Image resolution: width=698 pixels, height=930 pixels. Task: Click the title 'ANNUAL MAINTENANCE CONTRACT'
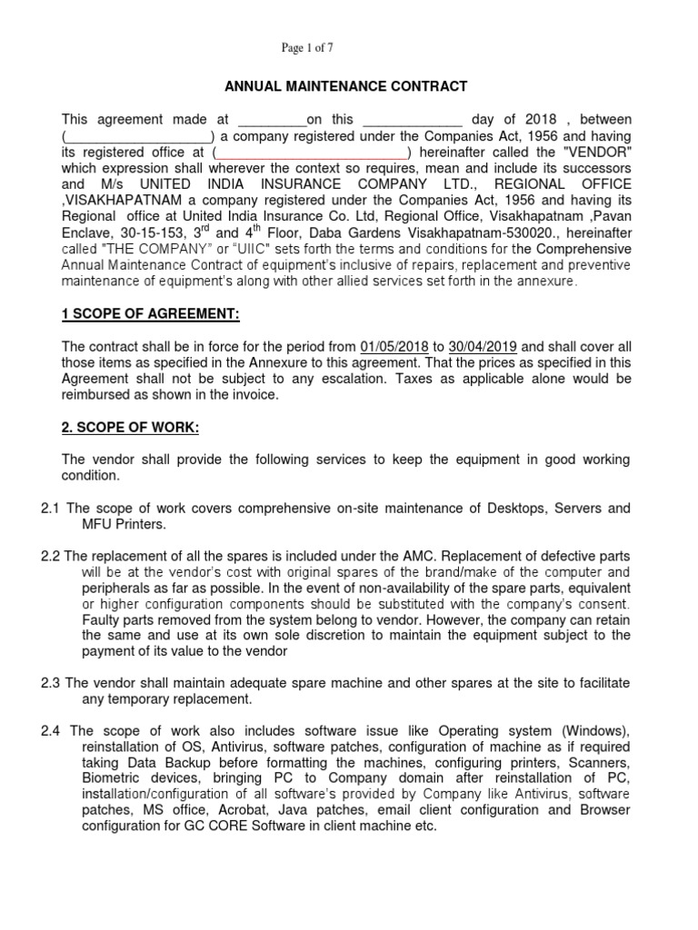(x=346, y=87)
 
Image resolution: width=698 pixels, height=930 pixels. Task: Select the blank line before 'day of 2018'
(x=414, y=121)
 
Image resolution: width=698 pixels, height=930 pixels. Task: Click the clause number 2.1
(x=51, y=510)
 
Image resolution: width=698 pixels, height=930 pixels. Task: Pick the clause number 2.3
(x=51, y=683)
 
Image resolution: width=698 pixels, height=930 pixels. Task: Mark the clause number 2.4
(x=51, y=731)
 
